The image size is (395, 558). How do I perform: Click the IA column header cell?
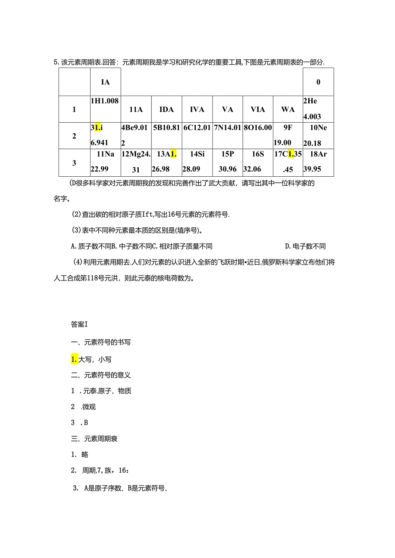click(x=105, y=82)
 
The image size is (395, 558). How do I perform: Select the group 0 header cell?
click(x=318, y=82)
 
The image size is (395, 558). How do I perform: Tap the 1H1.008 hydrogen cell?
click(x=105, y=109)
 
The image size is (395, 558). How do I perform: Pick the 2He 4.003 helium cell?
click(x=318, y=109)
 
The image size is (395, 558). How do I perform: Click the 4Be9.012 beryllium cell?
click(x=136, y=136)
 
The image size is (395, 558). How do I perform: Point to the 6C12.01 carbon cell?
click(x=197, y=136)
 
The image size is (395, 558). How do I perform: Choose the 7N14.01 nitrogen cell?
click(x=228, y=136)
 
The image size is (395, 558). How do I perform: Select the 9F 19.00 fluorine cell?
click(x=288, y=136)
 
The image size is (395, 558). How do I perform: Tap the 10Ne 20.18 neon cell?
click(x=318, y=136)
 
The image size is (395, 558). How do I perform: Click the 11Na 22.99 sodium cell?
click(x=105, y=162)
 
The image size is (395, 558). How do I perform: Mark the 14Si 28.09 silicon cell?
click(x=197, y=162)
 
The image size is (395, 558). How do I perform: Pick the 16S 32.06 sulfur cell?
click(x=258, y=162)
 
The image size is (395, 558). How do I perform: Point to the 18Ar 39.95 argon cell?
click(x=318, y=162)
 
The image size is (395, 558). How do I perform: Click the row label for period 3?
click(x=74, y=163)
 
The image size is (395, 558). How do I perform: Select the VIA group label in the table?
click(x=258, y=109)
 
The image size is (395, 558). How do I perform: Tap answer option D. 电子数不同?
click(x=305, y=246)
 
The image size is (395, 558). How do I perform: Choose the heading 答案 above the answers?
click(x=79, y=325)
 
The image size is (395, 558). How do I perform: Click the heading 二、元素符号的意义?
click(x=101, y=375)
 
